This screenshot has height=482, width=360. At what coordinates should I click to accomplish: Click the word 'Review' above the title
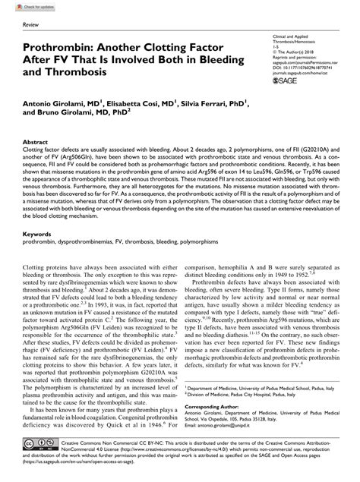[x=33, y=26]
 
